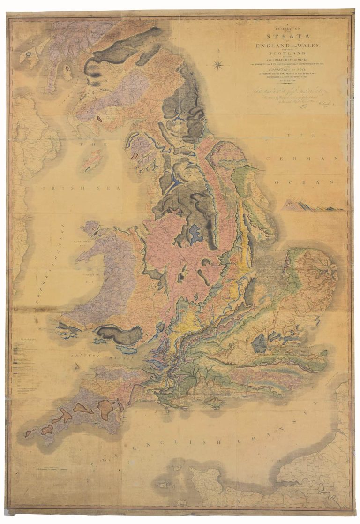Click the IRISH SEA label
(80, 188)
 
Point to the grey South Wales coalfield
(120, 335)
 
